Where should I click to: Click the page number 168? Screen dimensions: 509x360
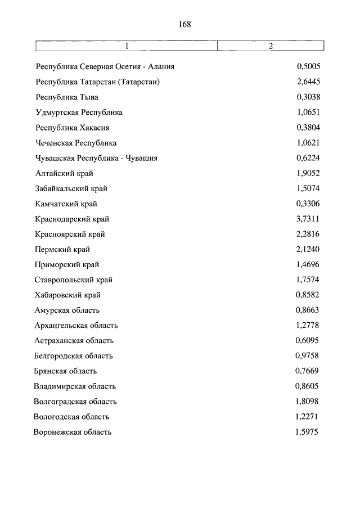[x=184, y=24]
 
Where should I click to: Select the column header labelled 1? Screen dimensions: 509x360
[x=127, y=46]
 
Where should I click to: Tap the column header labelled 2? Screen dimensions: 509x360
[x=271, y=46]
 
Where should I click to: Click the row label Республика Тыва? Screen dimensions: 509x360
[x=67, y=97]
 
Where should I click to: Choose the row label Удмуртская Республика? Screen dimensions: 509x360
[x=79, y=112]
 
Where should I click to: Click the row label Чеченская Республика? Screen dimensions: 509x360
[x=76, y=143]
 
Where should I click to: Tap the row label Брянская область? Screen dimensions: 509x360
[x=65, y=371]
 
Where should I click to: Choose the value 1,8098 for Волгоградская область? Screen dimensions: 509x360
[x=308, y=402]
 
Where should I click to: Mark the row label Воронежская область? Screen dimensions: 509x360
[x=73, y=432]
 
